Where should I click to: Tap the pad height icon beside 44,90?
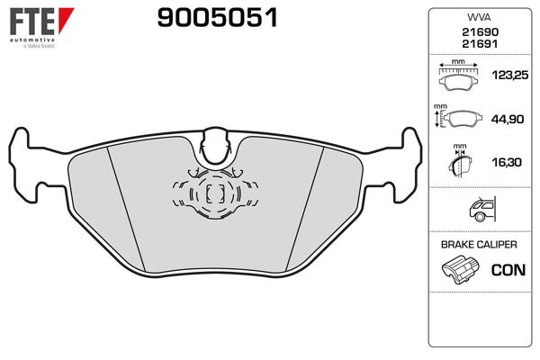click(461, 118)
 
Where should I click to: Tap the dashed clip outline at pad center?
click(215, 193)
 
